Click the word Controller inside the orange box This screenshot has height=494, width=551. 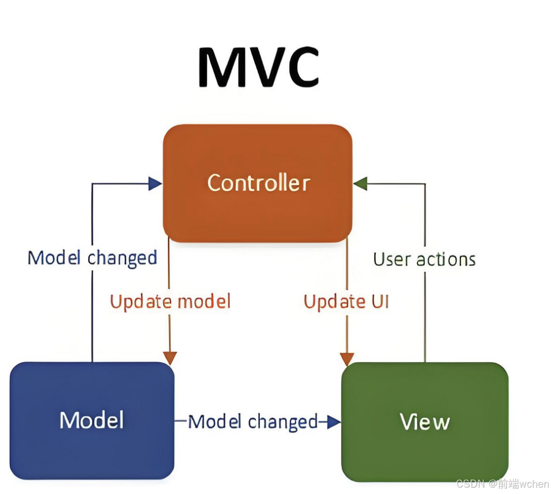click(259, 183)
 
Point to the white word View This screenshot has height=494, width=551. click(425, 422)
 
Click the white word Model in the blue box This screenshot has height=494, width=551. click(92, 420)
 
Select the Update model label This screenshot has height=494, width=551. click(170, 301)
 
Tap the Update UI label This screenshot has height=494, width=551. click(346, 301)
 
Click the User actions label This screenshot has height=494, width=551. click(424, 259)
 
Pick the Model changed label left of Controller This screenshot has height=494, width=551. click(92, 257)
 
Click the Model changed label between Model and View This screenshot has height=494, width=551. click(253, 422)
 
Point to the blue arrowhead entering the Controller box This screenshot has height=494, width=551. click(155, 184)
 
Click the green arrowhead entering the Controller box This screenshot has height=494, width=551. click(360, 184)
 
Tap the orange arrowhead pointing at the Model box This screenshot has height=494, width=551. click(169, 357)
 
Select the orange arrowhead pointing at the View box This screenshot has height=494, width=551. click(347, 358)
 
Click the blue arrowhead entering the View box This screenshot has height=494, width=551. click(334, 422)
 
